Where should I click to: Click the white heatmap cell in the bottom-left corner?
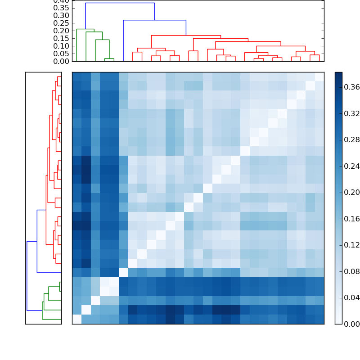pyautogui.click(x=76, y=319)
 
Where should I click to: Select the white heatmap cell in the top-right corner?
pyautogui.click(x=319, y=76)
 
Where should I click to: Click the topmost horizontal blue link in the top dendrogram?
pyautogui.click(x=120, y=3)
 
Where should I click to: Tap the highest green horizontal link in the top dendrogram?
pyautogui.click(x=85, y=29)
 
